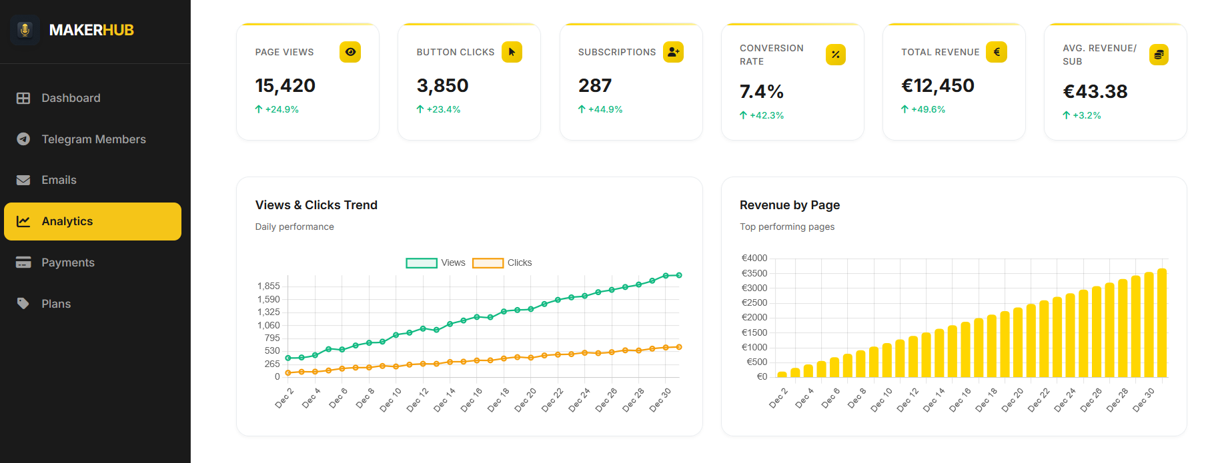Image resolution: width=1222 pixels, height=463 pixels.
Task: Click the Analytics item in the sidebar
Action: point(92,221)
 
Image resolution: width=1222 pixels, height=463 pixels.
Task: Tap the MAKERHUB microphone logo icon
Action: point(25,30)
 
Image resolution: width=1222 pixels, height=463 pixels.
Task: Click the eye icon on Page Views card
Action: point(350,52)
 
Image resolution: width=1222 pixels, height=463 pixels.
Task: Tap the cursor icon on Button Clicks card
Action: point(512,52)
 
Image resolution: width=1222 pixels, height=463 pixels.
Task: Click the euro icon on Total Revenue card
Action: point(997,52)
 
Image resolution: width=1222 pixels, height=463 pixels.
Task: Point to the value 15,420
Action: point(285,86)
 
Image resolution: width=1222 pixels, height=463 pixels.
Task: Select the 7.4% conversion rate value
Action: point(761,92)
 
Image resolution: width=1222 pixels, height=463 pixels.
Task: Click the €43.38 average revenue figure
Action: point(1095,92)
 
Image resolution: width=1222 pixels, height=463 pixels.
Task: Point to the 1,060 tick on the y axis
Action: point(268,325)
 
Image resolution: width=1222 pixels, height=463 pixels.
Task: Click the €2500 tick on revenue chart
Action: point(754,303)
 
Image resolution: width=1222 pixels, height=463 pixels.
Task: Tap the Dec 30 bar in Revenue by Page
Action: point(1149,324)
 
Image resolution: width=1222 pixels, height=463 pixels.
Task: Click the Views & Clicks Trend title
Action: point(316,205)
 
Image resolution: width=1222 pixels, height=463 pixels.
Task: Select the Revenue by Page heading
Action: point(789,205)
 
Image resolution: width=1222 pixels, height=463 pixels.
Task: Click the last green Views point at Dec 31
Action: point(679,275)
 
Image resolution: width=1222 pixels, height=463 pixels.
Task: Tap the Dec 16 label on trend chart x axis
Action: point(472,400)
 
